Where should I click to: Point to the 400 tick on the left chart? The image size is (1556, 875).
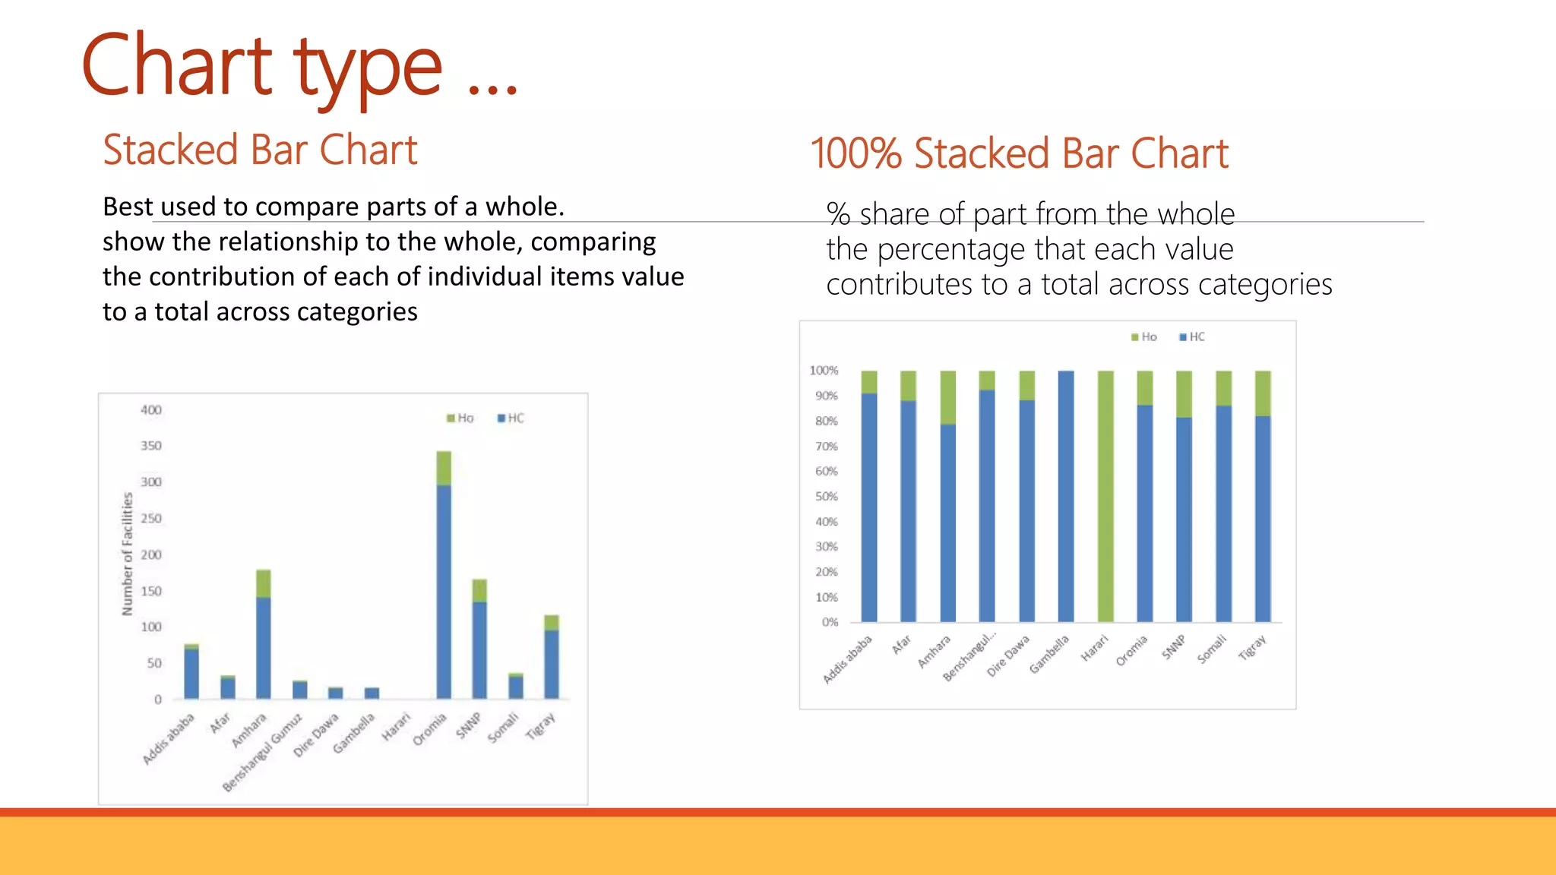click(151, 410)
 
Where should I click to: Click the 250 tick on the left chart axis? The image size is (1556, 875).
click(151, 519)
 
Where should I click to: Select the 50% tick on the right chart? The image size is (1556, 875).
click(827, 497)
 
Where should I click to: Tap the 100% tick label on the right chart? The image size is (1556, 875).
click(824, 371)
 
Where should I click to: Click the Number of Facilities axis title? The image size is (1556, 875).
click(128, 554)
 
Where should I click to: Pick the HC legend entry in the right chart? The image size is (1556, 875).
click(1192, 337)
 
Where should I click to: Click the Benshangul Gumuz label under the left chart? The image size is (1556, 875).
click(262, 753)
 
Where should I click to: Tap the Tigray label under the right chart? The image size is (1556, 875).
click(1252, 648)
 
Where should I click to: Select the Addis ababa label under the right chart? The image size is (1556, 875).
click(847, 659)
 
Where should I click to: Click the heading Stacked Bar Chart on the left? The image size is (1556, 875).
click(260, 150)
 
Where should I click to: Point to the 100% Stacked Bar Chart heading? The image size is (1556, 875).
click(1019, 153)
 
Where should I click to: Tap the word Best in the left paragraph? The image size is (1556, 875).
click(128, 207)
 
